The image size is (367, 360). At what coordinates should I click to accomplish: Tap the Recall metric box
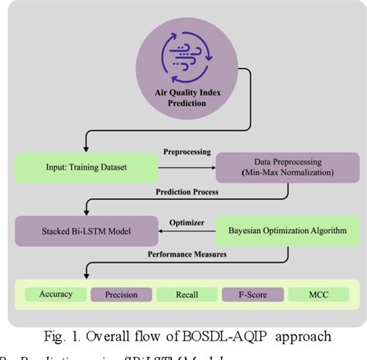[x=186, y=295]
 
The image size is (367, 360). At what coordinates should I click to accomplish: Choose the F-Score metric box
[x=248, y=295]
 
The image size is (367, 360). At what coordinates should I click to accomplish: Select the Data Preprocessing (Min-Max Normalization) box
[x=278, y=166]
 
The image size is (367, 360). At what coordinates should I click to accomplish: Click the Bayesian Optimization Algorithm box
[x=278, y=231]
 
